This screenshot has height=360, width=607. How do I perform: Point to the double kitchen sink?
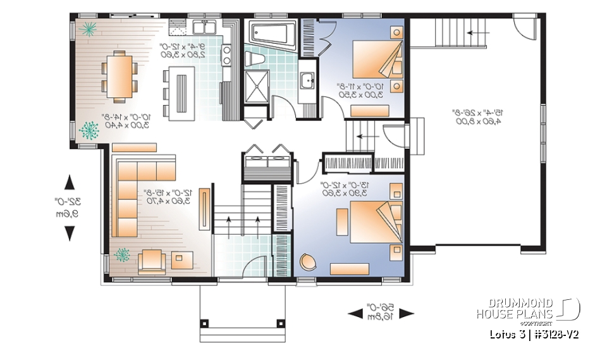tap(205, 27)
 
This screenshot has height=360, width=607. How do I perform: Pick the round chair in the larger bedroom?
tap(307, 262)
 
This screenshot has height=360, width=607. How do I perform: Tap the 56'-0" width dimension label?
tap(381, 314)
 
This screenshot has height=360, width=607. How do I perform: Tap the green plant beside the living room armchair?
tap(121, 256)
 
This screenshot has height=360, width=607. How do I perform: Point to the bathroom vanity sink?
tap(308, 81)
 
